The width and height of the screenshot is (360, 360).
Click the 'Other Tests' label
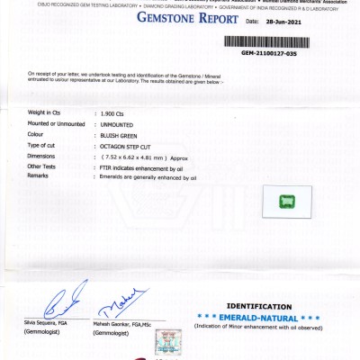[x=42, y=166]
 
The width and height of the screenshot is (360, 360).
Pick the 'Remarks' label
[x=39, y=176]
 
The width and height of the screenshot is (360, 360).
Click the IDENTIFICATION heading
[x=259, y=307]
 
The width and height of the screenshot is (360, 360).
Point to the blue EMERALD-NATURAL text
[x=259, y=318]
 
